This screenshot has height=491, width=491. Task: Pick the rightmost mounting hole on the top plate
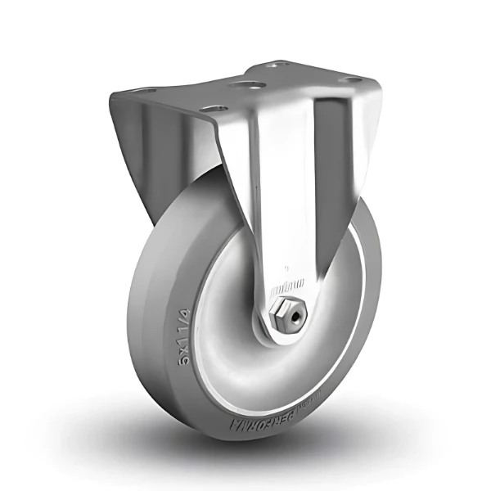coord(352,80)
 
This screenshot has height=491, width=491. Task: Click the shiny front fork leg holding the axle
coord(278,205)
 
